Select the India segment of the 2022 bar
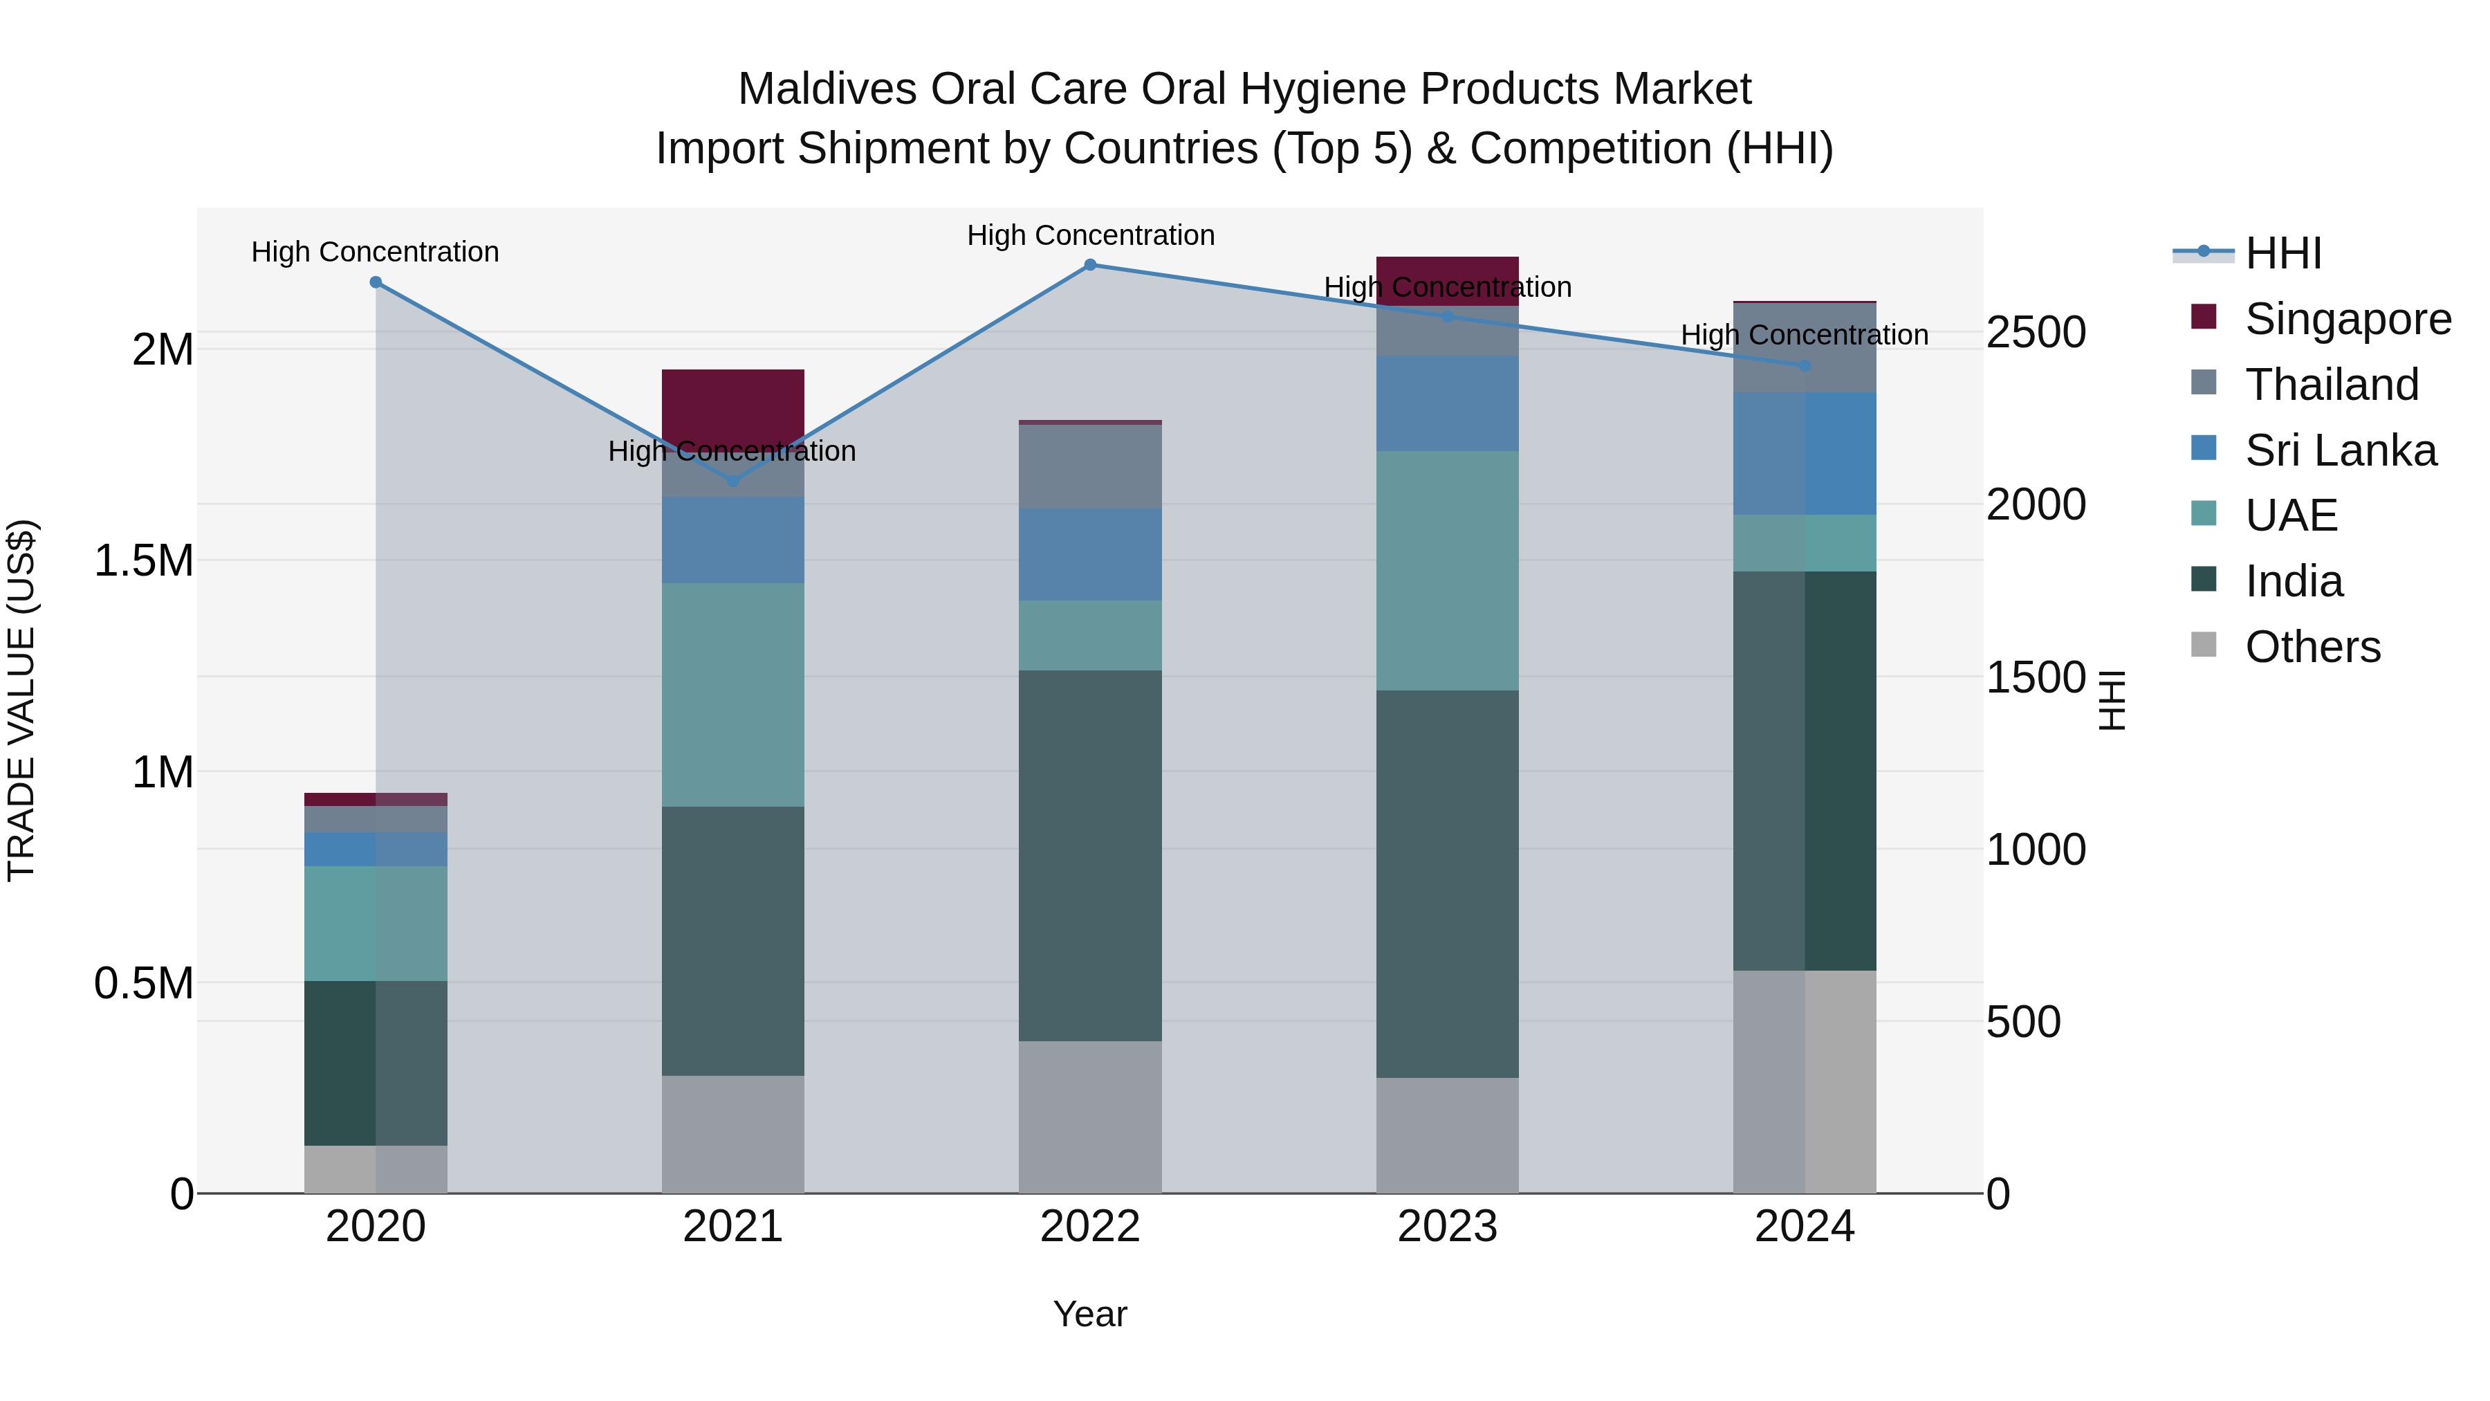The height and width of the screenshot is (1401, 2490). pyautogui.click(x=1089, y=856)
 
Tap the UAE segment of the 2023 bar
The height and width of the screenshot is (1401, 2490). pyautogui.click(x=1446, y=571)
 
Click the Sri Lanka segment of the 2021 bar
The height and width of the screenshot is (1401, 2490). pyautogui.click(x=732, y=540)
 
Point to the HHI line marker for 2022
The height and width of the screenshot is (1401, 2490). pyautogui.click(x=1089, y=265)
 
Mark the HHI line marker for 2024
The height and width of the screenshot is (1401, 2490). pyautogui.click(x=1804, y=365)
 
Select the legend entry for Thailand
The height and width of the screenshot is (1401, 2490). pyautogui.click(x=2330, y=385)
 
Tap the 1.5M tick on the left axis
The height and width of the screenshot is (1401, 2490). pyautogui.click(x=143, y=561)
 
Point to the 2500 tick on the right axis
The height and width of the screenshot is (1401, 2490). pyautogui.click(x=2035, y=333)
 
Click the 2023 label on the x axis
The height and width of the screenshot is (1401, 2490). pyautogui.click(x=1446, y=1227)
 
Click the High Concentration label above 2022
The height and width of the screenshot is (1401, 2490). pyautogui.click(x=1089, y=235)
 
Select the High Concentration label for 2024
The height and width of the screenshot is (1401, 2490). pyautogui.click(x=1804, y=335)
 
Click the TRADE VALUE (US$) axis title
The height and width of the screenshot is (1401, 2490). pyautogui.click(x=21, y=700)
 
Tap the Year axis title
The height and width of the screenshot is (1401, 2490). pyautogui.click(x=1089, y=1314)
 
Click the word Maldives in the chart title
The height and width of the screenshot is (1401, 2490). pyautogui.click(x=827, y=89)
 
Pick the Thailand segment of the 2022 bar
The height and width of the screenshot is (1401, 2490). pyautogui.click(x=1089, y=467)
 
